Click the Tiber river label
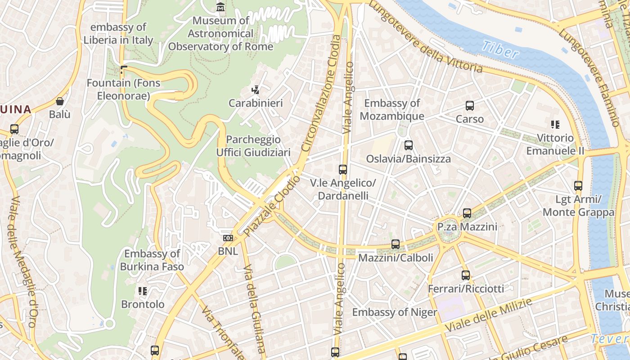point(500,49)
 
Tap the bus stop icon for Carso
point(470,106)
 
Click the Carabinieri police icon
point(256,90)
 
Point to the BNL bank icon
point(228,238)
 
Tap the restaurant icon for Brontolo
point(143,291)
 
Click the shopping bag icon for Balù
point(60,101)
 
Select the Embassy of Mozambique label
point(392,109)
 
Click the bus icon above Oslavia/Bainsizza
point(408,145)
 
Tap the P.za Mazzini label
point(467,227)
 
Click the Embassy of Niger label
point(394,312)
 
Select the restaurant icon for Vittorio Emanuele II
point(555,124)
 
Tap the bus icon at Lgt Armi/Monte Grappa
point(578,185)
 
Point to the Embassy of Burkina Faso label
point(152,260)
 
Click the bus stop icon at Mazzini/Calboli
point(396,244)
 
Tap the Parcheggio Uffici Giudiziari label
point(253,146)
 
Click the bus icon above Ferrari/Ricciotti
point(466,275)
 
